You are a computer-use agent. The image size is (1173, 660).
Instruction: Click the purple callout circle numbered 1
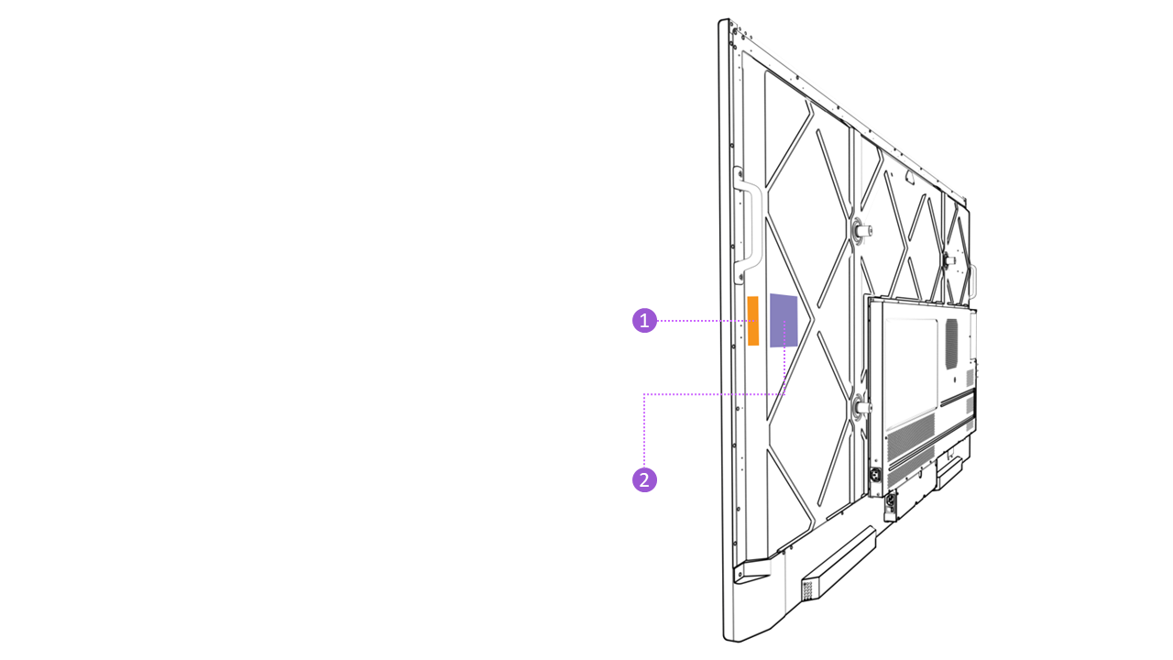(644, 321)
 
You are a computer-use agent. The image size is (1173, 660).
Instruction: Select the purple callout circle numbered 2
(644, 479)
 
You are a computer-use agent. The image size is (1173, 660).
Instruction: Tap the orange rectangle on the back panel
(753, 321)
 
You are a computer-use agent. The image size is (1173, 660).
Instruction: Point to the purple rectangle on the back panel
(784, 320)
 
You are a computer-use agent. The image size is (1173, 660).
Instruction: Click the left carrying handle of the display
(750, 225)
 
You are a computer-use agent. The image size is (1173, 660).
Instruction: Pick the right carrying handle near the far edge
(973, 280)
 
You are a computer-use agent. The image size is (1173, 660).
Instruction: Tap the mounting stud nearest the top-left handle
(861, 231)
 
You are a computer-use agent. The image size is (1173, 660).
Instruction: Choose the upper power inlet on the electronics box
(875, 476)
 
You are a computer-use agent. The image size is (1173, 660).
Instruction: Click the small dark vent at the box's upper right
(951, 345)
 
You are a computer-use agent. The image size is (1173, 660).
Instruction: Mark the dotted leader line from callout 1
(701, 321)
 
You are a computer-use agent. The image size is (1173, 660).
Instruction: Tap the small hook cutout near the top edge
(906, 170)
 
